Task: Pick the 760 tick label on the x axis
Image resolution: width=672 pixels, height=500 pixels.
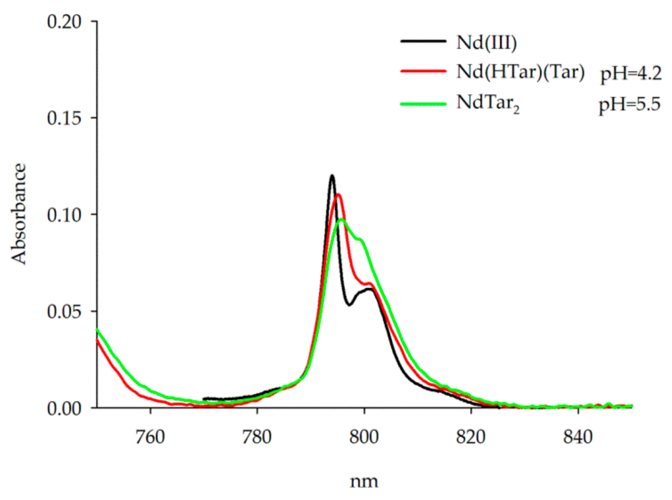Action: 150,437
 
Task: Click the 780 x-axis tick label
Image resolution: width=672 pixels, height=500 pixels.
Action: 257,437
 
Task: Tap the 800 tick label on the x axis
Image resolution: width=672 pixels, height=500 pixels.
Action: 364,437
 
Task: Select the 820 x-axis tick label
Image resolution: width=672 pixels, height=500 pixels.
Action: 471,437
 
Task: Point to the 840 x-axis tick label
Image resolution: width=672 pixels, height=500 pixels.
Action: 578,437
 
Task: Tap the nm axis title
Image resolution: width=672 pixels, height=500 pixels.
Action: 364,481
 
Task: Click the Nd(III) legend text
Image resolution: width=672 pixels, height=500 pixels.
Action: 486,43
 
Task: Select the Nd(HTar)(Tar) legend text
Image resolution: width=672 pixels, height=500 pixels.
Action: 520,72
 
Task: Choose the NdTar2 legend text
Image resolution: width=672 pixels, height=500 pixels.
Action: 488,103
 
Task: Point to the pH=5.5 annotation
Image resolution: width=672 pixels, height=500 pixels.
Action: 629,104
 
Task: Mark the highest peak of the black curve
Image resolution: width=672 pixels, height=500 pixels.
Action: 332,176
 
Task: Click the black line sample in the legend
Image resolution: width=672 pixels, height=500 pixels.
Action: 423,41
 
